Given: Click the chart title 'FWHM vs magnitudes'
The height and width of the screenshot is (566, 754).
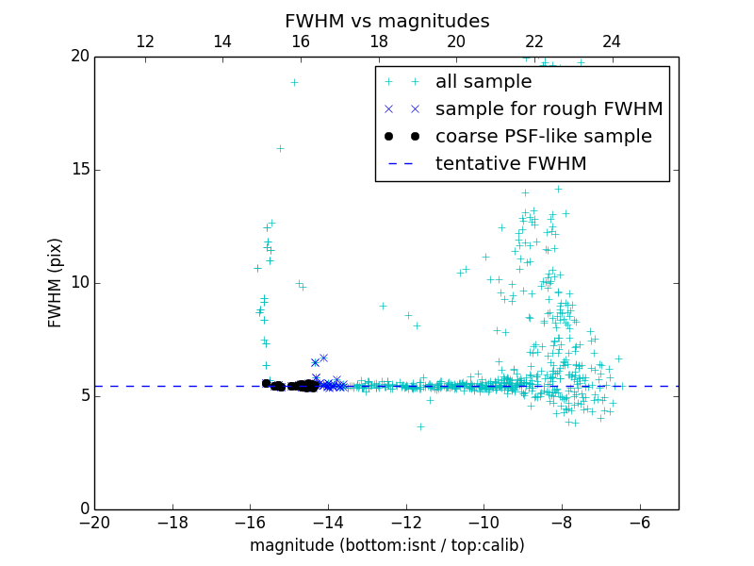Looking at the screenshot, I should [386, 21].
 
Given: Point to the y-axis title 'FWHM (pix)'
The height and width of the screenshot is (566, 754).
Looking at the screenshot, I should [56, 282].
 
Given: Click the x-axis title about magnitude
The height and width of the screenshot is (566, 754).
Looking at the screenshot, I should [386, 545].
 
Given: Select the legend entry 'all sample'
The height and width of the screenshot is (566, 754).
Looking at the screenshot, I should [484, 82].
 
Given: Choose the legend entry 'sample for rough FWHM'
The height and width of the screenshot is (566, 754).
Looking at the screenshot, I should [549, 109].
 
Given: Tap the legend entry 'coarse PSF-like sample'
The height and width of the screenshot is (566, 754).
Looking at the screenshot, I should [543, 137].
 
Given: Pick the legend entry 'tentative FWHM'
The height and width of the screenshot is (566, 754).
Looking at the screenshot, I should [511, 164].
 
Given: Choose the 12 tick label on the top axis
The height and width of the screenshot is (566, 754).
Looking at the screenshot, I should [145, 42].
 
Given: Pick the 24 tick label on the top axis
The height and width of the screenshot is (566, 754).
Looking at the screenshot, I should [612, 42].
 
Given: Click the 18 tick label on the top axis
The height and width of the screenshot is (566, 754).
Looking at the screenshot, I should [378, 42].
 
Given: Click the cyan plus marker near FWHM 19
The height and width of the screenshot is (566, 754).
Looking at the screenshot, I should [294, 82].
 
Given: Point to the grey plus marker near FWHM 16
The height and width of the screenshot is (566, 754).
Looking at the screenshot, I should [280, 148].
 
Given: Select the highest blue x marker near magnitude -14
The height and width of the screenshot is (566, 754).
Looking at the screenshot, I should [323, 358].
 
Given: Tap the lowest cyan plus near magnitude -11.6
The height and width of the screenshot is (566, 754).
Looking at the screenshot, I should [420, 426].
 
